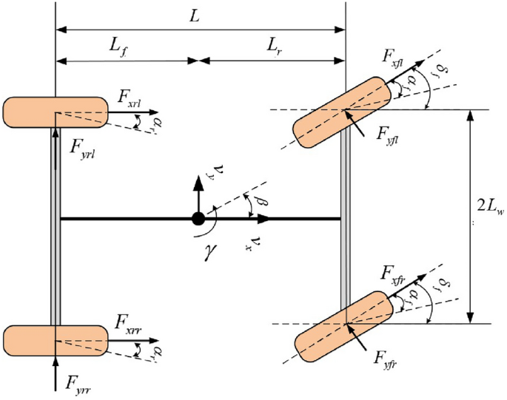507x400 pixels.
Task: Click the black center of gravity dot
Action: click(x=198, y=219)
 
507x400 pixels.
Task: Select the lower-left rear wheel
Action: click(x=56, y=340)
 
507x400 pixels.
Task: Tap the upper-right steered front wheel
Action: click(x=343, y=111)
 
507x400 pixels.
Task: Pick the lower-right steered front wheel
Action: click(x=345, y=324)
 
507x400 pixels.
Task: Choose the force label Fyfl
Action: click(x=392, y=134)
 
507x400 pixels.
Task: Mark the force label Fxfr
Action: click(x=394, y=269)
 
